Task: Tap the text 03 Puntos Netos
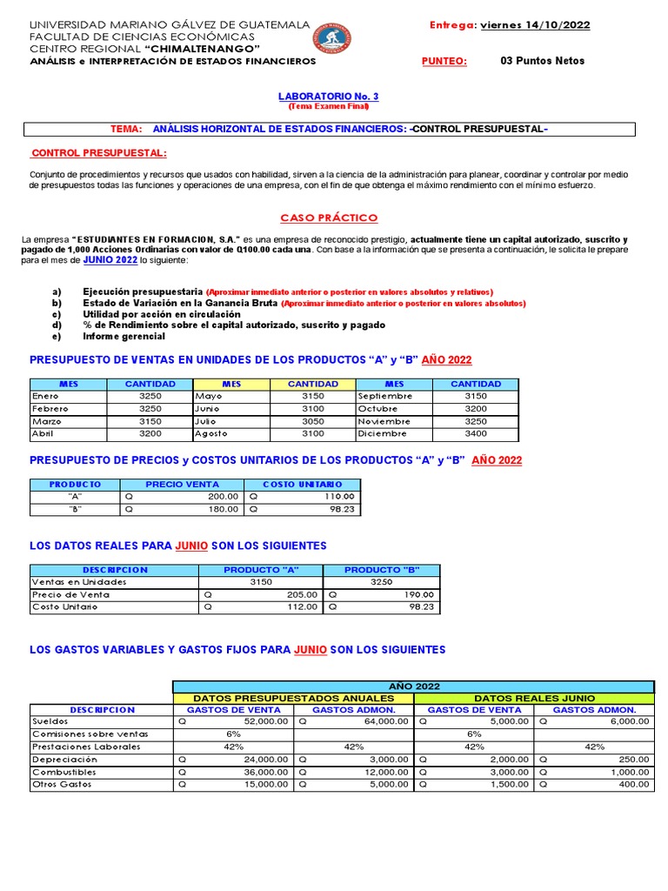coord(543,61)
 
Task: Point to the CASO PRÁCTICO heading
coord(329,218)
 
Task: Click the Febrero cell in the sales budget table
coord(50,408)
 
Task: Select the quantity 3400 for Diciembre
coord(476,433)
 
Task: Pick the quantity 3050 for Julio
coord(312,420)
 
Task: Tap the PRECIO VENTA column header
coord(182,484)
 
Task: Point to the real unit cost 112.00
coord(302,607)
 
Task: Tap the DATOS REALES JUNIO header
coord(534,698)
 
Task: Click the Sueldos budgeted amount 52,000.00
coord(266,721)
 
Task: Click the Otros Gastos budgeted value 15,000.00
coord(266,784)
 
